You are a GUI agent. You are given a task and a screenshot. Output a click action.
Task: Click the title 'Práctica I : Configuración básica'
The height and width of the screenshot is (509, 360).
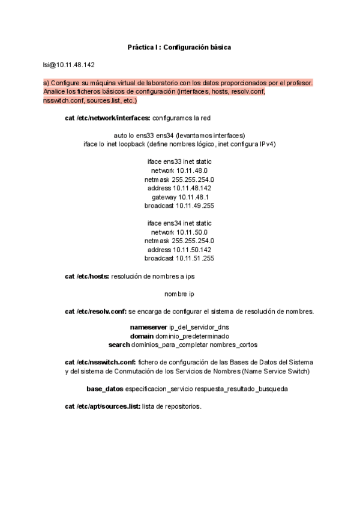tap(179, 47)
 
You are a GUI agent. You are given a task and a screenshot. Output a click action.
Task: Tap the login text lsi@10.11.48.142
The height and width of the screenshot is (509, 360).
tap(68, 65)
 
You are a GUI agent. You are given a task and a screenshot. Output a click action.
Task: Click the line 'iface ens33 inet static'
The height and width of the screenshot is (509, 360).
tap(179, 162)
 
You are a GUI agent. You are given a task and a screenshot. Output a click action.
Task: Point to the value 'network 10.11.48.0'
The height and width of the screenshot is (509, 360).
tap(179, 171)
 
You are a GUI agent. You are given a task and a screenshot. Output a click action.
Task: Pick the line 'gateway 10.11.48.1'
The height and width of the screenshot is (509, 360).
tap(180, 197)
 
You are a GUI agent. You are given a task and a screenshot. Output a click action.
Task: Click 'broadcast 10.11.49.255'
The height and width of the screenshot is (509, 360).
tap(179, 206)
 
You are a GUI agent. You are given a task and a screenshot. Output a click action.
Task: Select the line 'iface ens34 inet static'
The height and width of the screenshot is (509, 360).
tap(179, 223)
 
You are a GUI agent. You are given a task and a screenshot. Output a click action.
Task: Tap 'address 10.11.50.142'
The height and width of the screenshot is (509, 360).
tap(179, 250)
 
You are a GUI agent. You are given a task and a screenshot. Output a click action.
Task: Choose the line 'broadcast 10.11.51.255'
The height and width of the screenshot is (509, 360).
tap(179, 258)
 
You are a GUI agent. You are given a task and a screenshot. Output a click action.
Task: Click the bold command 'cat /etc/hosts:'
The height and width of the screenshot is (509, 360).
tap(87, 276)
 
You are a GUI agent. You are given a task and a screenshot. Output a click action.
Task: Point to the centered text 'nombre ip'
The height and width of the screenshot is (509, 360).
tap(179, 294)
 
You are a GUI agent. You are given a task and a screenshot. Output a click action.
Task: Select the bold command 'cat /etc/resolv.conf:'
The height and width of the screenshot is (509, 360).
tap(95, 312)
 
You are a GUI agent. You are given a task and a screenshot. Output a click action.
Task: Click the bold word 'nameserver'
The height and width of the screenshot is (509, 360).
tap(149, 328)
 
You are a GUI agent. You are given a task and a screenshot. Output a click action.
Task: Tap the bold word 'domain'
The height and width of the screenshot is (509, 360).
tap(142, 336)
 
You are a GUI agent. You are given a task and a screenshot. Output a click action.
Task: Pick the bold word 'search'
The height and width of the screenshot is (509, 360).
tap(119, 345)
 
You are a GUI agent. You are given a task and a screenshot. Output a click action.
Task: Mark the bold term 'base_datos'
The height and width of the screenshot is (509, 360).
tap(105, 389)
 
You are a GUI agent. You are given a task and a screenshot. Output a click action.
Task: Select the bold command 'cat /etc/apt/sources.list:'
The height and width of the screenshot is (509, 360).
tap(103, 406)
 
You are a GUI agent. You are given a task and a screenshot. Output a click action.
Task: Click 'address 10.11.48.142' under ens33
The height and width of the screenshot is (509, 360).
tap(179, 188)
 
